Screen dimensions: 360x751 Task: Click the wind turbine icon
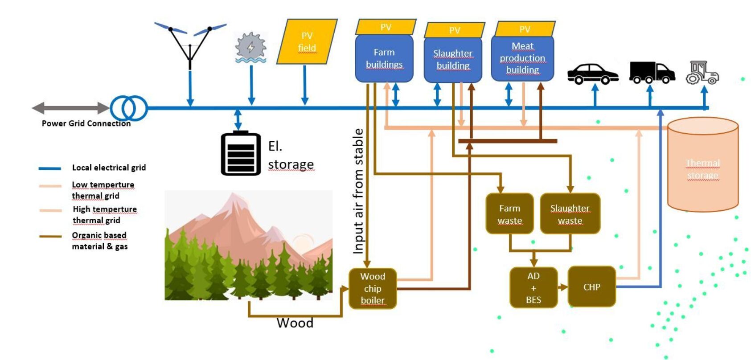point(190,45)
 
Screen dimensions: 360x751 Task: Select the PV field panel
point(307,42)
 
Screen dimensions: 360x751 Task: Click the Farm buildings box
point(384,58)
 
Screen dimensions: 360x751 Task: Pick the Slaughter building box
point(453,60)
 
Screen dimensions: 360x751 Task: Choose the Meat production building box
point(522,58)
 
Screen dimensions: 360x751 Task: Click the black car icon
point(592,74)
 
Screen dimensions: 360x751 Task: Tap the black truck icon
point(651,73)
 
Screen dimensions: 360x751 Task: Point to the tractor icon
point(702,73)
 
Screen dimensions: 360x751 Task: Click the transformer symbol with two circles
point(129,108)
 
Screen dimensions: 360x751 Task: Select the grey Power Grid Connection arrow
point(70,108)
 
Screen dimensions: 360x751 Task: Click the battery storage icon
point(241,153)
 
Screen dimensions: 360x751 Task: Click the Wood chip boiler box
point(373,288)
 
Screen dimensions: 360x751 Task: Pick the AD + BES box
point(533,288)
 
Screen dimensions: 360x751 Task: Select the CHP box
point(591,287)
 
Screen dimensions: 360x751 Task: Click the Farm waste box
point(509,214)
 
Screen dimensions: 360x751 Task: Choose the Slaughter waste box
point(570,214)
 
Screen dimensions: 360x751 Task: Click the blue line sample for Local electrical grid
point(49,168)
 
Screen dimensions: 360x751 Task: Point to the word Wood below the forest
point(295,323)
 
